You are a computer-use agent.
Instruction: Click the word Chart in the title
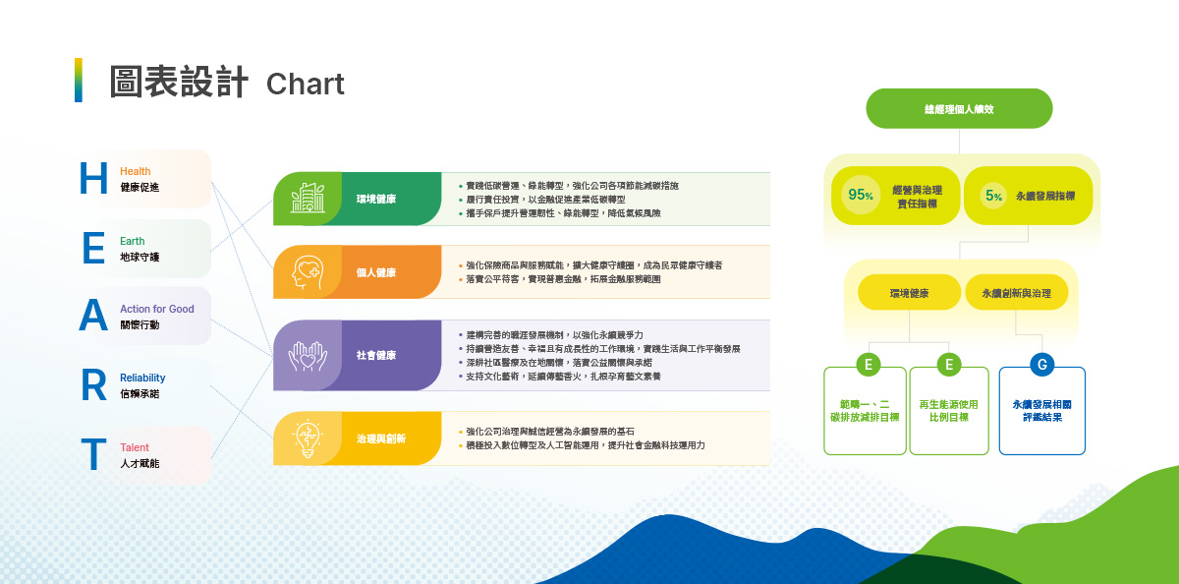305,85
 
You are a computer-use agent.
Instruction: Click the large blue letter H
93,179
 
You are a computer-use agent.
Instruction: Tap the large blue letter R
93,386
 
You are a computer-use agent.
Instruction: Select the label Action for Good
156,309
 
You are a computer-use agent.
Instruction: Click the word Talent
135,447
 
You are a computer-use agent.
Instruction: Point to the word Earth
132,241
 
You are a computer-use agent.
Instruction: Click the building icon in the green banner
308,199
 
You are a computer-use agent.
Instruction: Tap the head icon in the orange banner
308,272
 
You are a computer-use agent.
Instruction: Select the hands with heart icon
308,355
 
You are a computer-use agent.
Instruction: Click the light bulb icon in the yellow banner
308,438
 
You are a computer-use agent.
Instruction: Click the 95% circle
861,195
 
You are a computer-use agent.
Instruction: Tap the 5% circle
993,196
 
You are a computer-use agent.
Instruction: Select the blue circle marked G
1042,365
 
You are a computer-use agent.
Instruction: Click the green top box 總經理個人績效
959,109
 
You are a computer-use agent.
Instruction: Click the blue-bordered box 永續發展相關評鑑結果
1042,411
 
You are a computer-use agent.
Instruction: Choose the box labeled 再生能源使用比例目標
949,411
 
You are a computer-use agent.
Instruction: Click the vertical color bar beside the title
79,81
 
